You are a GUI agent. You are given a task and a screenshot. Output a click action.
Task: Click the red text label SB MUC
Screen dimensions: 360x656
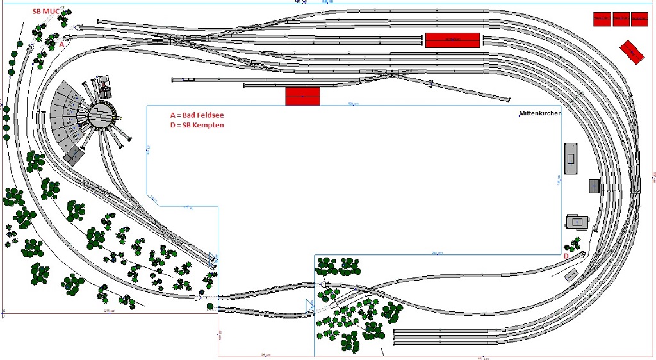click(46, 12)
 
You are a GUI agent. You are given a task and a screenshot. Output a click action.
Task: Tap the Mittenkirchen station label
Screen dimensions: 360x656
click(539, 113)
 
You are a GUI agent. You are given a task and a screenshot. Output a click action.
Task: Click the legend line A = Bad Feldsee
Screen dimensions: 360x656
click(197, 115)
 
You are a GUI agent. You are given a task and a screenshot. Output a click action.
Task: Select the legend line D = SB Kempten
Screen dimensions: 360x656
click(197, 125)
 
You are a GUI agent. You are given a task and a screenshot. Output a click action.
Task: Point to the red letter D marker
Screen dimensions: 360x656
click(566, 256)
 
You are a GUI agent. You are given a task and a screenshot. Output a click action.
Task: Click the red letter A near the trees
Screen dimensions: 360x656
click(61, 45)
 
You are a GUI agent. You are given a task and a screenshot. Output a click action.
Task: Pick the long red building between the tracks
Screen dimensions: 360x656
click(452, 40)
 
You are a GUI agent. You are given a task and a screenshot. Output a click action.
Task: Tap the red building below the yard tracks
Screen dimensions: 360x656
click(302, 96)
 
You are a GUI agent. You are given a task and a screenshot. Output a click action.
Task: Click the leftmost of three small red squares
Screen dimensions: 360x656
click(602, 19)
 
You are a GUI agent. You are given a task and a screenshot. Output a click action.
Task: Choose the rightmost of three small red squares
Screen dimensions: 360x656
click(639, 19)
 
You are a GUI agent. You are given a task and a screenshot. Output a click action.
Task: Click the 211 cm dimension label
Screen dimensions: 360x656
click(109, 311)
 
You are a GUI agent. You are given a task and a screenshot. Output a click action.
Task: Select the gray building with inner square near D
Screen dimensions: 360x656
click(577, 222)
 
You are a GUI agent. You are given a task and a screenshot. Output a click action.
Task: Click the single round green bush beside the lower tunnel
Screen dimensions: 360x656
click(210, 307)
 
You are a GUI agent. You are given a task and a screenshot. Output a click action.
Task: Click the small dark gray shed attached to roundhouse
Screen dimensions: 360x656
click(74, 156)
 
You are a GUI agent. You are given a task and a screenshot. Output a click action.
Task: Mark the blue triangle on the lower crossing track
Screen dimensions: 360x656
click(309, 305)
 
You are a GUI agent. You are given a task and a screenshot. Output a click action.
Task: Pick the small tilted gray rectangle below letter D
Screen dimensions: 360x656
click(571, 275)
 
